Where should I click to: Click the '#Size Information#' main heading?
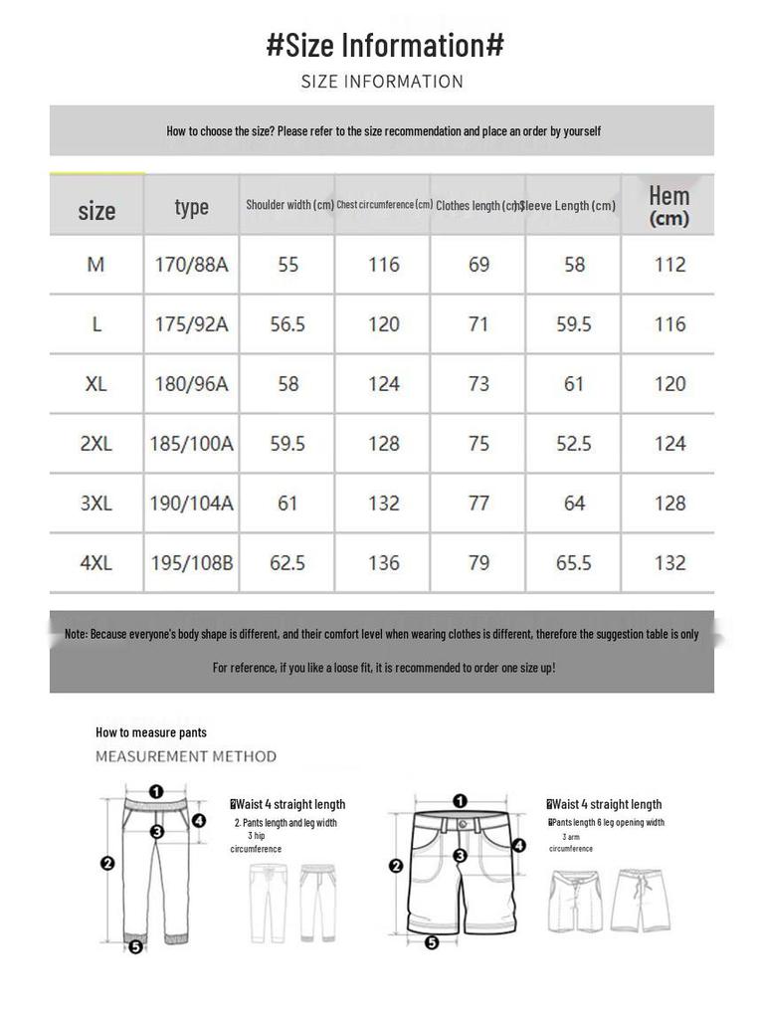point(385,45)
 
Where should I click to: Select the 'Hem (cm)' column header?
point(668,205)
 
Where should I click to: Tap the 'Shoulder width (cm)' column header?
point(289,205)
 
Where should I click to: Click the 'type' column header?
point(191,206)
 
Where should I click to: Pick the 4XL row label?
point(96,563)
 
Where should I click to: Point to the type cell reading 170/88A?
point(191,265)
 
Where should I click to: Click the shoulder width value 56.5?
point(287,324)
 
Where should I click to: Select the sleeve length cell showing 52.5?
point(574,444)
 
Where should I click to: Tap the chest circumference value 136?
point(384,563)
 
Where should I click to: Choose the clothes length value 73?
point(478,384)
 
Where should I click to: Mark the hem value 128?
point(669,504)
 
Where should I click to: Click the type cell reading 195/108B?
point(192,563)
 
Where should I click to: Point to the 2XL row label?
point(96,444)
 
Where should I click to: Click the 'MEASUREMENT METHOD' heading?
point(186,756)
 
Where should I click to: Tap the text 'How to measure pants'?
point(151,732)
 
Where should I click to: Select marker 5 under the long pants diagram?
point(135,947)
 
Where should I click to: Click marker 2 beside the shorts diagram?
point(396,867)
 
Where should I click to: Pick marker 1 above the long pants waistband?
point(156,792)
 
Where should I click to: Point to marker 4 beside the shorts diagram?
point(518,846)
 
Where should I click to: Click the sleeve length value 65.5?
point(574,563)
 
